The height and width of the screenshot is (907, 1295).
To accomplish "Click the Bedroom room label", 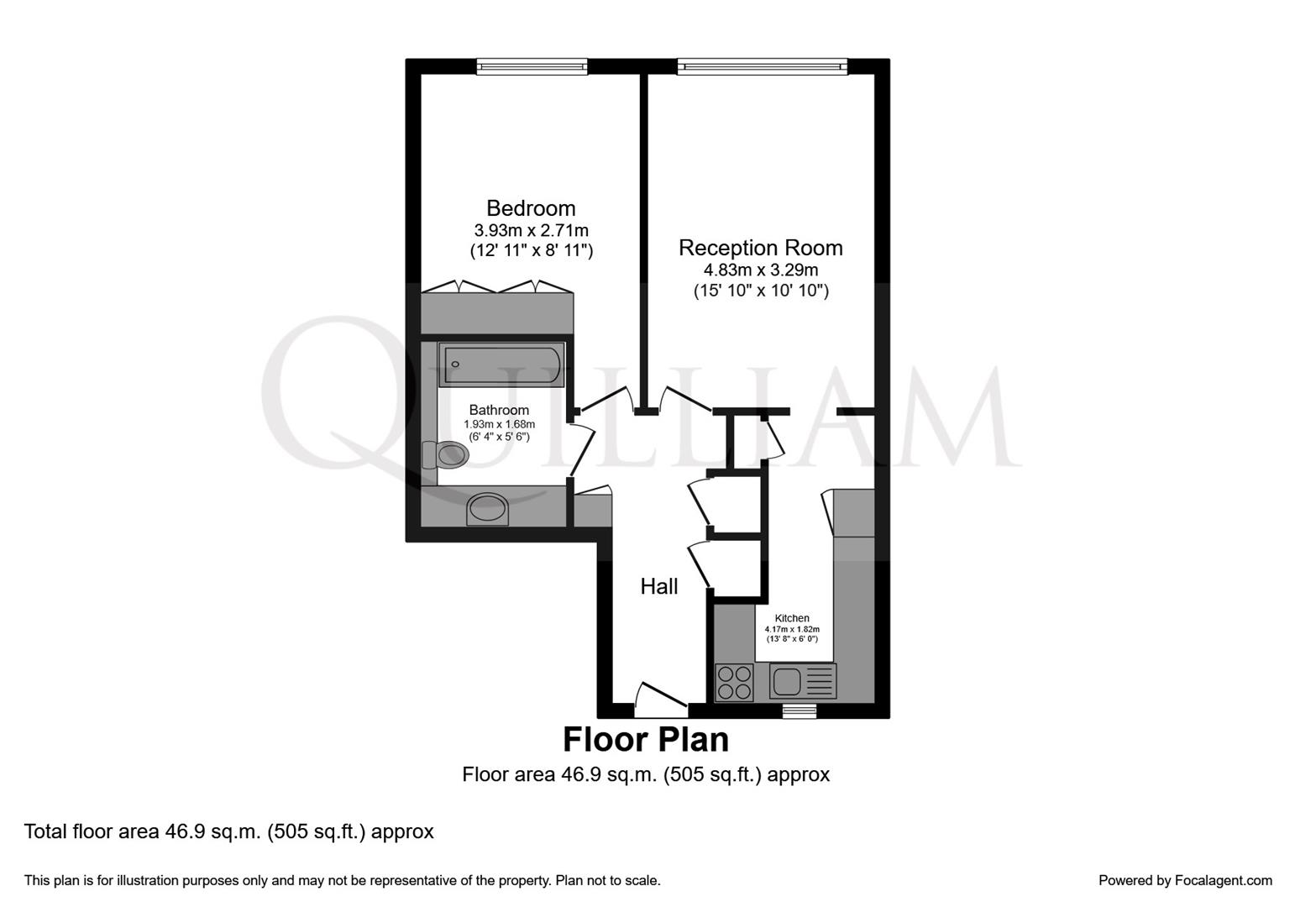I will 531,208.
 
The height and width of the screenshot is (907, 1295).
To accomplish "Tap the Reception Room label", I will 760,248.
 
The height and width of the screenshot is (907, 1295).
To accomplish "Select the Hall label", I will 659,586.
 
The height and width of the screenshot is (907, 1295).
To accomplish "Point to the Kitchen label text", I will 792,618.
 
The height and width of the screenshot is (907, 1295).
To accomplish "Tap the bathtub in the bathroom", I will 501,365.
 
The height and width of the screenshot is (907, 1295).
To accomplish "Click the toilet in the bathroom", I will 445,454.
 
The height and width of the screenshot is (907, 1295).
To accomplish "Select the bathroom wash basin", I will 487,509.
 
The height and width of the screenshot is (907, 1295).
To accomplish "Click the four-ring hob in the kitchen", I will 734,683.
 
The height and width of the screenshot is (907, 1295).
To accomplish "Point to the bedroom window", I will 532,66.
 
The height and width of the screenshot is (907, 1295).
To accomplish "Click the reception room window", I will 762,66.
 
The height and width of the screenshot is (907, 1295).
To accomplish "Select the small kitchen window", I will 800,711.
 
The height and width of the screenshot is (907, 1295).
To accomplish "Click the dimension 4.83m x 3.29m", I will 760,270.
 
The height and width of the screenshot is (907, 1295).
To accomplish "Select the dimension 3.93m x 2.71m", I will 531,230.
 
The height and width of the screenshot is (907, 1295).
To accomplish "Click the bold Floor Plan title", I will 645,740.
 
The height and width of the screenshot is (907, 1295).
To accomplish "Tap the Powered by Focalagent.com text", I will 1185,880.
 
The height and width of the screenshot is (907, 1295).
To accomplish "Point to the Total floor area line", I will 228,831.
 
